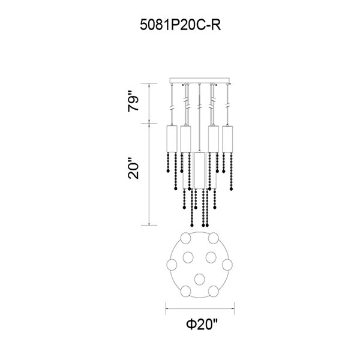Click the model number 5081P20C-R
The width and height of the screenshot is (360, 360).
(180, 25)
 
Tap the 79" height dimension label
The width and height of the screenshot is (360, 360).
(133, 101)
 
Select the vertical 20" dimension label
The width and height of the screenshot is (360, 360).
(133, 168)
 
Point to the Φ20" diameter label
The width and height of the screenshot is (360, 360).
(202, 324)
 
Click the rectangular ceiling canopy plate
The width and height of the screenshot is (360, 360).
(200, 80)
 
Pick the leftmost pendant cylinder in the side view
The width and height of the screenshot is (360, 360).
(172, 139)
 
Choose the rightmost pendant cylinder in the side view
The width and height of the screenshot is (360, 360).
(227, 139)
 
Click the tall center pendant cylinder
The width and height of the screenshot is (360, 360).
(199, 170)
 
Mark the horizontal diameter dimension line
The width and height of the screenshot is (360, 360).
(200, 308)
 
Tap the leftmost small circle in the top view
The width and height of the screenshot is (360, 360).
(172, 265)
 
